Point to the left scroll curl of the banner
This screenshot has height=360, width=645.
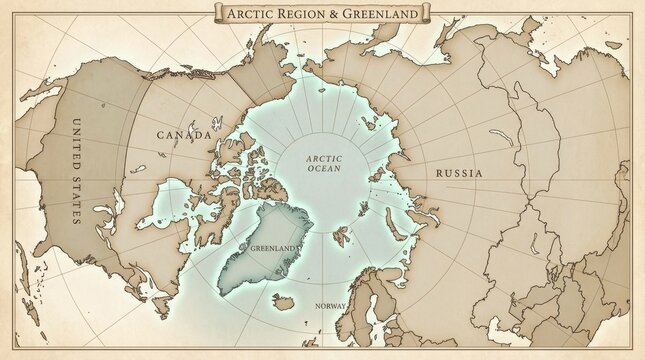217,12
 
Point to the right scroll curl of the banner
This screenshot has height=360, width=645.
427,12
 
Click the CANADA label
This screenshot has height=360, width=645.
184,134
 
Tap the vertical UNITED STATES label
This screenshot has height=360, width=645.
77,169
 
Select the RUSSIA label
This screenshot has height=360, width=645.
460,173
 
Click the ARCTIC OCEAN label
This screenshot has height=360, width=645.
323,163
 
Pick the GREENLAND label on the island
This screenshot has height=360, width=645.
272,247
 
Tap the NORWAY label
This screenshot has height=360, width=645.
330,305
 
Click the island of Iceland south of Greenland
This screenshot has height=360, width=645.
292,299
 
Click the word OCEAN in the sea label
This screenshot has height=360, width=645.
323,169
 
